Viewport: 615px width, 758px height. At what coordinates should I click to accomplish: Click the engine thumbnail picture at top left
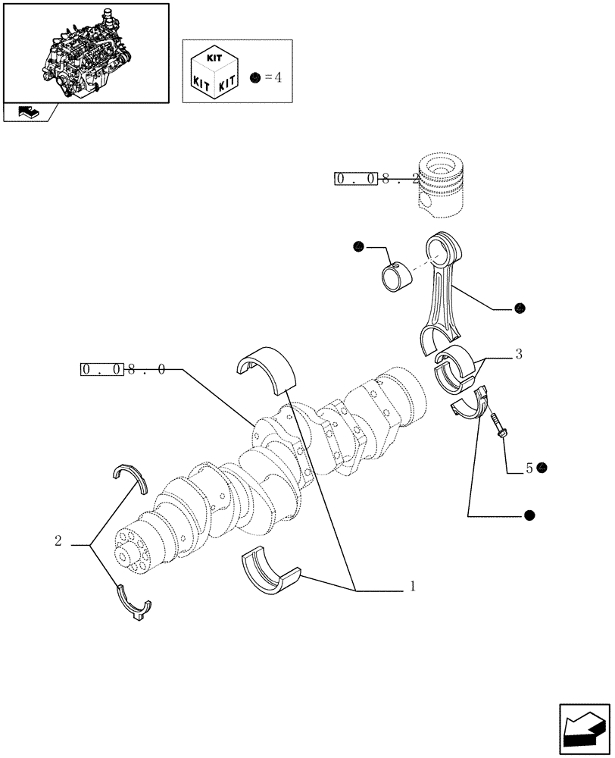[x=85, y=52]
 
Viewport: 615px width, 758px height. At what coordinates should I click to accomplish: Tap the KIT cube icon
[x=217, y=71]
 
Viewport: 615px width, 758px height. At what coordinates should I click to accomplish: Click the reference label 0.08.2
[x=376, y=179]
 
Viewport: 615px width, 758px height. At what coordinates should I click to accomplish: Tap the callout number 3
[x=518, y=353]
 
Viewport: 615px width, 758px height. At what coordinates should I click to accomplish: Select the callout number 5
[x=529, y=468]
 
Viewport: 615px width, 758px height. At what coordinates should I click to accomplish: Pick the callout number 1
[x=412, y=586]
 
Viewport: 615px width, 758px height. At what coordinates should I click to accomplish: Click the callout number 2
[x=58, y=541]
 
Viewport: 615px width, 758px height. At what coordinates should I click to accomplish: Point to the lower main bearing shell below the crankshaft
[x=270, y=575]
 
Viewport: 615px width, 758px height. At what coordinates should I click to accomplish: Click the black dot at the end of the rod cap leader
[x=529, y=516]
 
